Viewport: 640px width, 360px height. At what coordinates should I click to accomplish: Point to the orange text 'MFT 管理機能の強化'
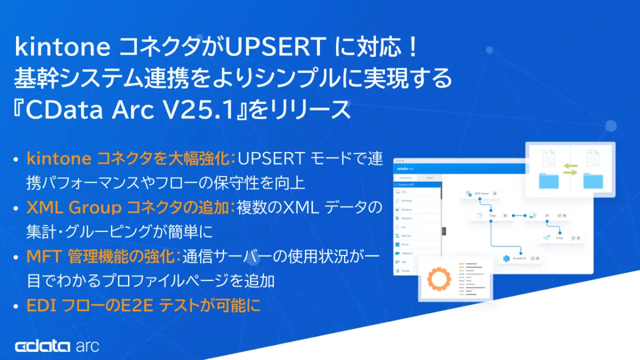click(101, 257)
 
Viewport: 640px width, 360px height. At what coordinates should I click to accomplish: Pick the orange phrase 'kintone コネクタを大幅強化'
click(128, 158)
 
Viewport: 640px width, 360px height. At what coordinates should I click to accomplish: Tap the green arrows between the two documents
click(570, 169)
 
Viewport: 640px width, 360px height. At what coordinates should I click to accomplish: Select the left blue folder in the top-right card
click(548, 180)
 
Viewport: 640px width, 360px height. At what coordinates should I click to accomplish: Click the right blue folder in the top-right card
click(593, 180)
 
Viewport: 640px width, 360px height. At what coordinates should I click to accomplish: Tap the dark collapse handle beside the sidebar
click(444, 231)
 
